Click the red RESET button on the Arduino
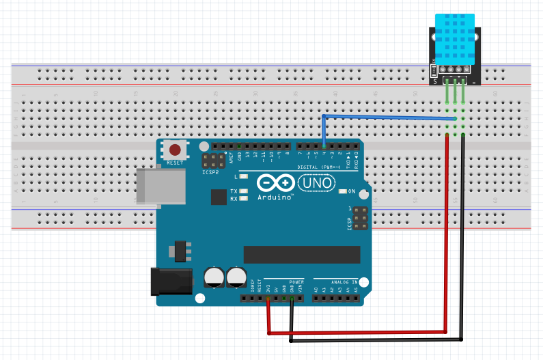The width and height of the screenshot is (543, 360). coord(175,150)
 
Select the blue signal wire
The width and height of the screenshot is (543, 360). coord(389,117)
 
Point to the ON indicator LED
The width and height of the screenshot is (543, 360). coord(343,191)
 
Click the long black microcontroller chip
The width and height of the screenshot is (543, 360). coord(301,253)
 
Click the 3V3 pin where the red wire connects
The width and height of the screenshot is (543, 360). coord(268,298)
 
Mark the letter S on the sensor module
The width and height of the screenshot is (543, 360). coord(435,81)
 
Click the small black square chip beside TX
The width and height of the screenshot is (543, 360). coord(219,197)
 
